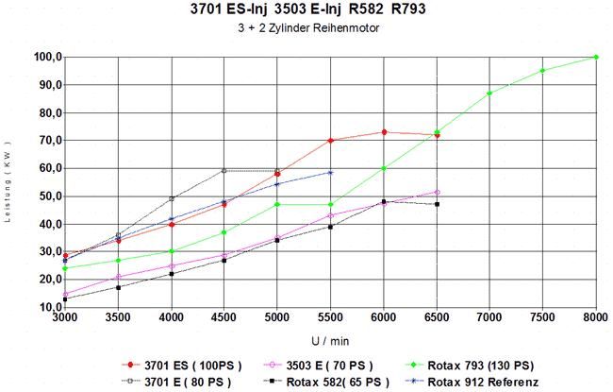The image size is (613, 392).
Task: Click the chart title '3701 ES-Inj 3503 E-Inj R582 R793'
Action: pyautogui.click(x=307, y=9)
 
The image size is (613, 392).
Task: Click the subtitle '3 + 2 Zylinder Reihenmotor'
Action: pyautogui.click(x=308, y=28)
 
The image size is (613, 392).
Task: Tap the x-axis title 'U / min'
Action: pyautogui.click(x=330, y=341)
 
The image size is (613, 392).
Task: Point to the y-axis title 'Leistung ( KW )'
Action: pyautogui.click(x=8, y=181)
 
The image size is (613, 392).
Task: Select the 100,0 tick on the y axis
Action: pyautogui.click(x=48, y=58)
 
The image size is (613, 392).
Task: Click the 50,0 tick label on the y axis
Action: pyautogui.click(x=50, y=196)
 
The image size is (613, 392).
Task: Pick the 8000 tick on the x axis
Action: pyautogui.click(x=596, y=316)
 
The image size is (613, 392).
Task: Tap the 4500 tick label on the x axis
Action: pyautogui.click(x=224, y=316)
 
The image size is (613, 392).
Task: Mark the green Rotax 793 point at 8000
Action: pyautogui.click(x=596, y=58)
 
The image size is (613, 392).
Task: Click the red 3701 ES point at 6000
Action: pyautogui.click(x=384, y=132)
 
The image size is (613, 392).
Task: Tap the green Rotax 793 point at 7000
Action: pyautogui.click(x=489, y=94)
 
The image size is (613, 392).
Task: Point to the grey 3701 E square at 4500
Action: pyautogui.click(x=224, y=171)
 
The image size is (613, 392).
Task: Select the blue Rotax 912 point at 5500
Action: pyautogui.click(x=330, y=172)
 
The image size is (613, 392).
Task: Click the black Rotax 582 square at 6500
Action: pyautogui.click(x=437, y=204)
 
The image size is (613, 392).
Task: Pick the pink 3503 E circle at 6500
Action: pyautogui.click(x=437, y=193)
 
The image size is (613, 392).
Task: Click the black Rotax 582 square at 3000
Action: pyautogui.click(x=65, y=299)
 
